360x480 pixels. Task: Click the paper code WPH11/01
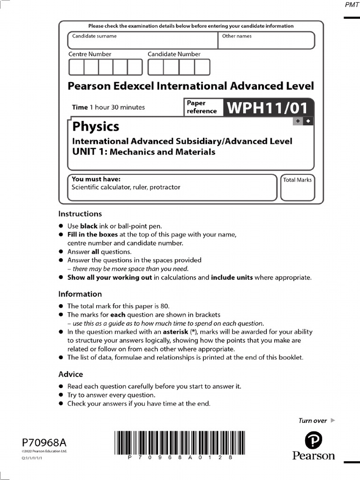tap(268, 108)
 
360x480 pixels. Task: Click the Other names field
tap(266, 40)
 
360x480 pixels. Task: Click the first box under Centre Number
tap(76, 67)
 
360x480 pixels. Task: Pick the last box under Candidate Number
tap(202, 67)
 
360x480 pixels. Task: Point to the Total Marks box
tap(298, 187)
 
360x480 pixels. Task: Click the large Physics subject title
tap(96, 127)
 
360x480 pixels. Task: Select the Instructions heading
tap(80, 214)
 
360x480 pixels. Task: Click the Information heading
tap(80, 294)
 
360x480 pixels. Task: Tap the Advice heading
tap(70, 374)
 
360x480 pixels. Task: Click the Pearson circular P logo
tap(314, 441)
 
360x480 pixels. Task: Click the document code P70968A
tap(44, 442)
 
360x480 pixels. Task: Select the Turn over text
tap(313, 420)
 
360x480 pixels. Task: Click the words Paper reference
tap(202, 107)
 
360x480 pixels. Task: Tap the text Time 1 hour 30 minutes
tap(108, 107)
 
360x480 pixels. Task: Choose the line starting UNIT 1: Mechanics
tap(143, 152)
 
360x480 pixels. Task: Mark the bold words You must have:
tap(96, 179)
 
